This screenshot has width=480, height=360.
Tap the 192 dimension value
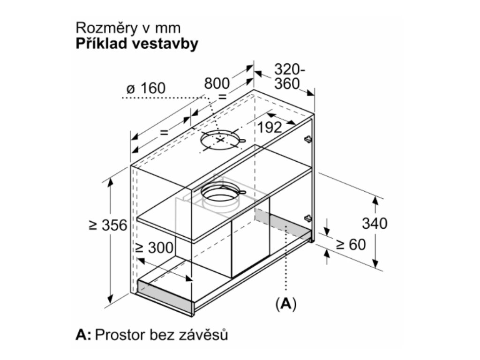point(270,127)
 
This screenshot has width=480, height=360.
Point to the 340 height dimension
point(375,224)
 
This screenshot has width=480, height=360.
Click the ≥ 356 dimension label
point(108,225)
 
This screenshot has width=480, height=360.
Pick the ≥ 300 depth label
point(154,247)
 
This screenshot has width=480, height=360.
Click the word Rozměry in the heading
point(103,28)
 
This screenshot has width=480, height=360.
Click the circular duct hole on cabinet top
point(221,140)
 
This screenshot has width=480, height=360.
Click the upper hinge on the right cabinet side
point(307,139)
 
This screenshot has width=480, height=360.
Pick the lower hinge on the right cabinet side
point(307,218)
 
